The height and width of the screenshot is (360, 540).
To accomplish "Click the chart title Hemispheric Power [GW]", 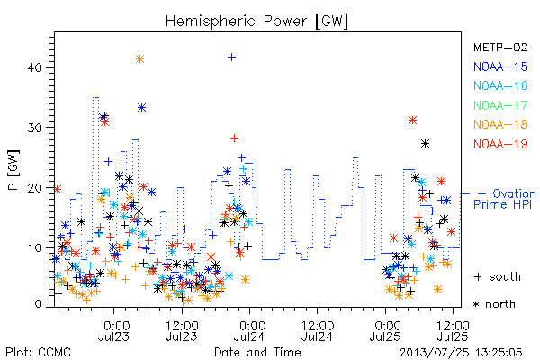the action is [x=256, y=21].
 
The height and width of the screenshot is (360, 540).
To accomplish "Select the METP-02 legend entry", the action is [x=500, y=47].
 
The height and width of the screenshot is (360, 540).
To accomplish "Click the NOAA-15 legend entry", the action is [x=500, y=67].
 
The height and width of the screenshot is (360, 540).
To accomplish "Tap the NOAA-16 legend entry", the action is [x=500, y=85].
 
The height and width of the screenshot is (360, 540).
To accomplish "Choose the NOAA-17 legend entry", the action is [x=500, y=105].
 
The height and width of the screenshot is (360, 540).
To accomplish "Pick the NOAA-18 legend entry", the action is [x=500, y=124].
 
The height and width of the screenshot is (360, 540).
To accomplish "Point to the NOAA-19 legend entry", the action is [x=500, y=144].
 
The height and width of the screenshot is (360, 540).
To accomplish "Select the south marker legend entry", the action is [x=498, y=276].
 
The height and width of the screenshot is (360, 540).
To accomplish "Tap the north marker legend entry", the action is [x=494, y=304].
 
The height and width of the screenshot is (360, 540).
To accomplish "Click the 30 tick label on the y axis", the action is [x=34, y=128].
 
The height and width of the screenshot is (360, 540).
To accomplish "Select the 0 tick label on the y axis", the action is [x=38, y=304].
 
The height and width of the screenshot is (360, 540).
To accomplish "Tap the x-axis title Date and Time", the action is [x=257, y=352].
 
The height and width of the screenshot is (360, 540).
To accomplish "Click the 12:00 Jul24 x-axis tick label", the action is [x=317, y=330].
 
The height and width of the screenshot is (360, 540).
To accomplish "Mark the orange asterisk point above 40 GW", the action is [x=139, y=58].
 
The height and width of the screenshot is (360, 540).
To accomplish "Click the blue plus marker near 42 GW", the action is [x=232, y=57].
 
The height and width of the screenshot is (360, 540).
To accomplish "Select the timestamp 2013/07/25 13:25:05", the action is [x=461, y=353].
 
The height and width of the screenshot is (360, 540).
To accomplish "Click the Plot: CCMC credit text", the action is [x=38, y=353].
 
